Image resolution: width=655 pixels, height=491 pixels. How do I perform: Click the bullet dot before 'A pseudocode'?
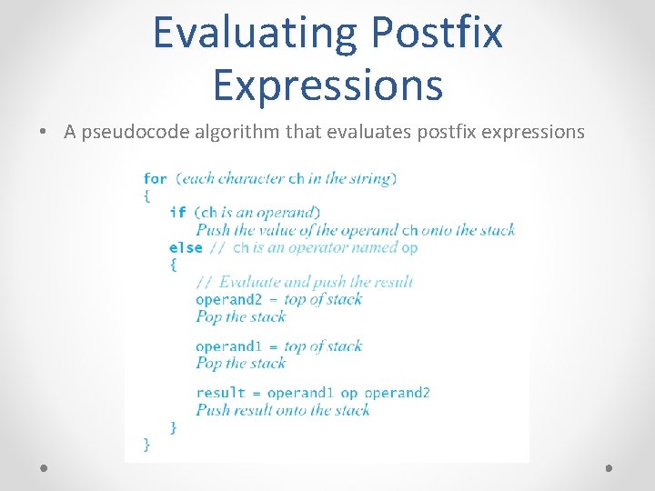coord(45,133)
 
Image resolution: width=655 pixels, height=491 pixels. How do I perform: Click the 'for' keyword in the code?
coord(155,178)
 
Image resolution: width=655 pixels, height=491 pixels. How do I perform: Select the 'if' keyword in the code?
coord(177,213)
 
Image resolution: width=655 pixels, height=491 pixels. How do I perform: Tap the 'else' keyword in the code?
coord(186,247)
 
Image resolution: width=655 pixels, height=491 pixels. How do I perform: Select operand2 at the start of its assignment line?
coord(227,299)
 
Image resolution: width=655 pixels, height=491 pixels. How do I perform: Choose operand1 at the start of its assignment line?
coord(227,346)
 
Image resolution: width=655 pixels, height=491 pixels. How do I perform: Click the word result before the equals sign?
coord(220,393)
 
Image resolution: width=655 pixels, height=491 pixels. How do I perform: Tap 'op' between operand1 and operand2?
coord(349,393)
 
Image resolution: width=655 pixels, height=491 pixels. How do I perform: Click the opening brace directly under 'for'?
coord(146,195)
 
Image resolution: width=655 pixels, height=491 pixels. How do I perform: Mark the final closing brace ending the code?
coord(146,444)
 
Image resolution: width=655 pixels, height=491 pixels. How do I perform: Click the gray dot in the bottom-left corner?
coord(45,467)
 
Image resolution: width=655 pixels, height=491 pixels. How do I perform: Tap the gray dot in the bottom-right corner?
coord(610,467)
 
